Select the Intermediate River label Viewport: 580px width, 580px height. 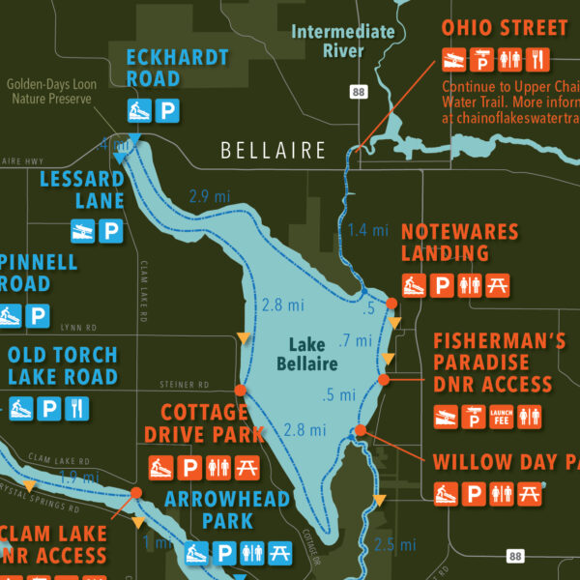(x=343, y=41)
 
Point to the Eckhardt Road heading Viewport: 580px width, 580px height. (x=166, y=67)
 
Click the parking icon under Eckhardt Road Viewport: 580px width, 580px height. (x=167, y=111)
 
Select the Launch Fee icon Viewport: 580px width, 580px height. (x=501, y=417)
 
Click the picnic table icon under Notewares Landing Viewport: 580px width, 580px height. (x=497, y=286)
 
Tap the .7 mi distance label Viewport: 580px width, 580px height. (x=356, y=340)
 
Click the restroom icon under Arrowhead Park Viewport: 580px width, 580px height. (x=251, y=553)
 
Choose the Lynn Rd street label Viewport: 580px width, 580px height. (x=78, y=328)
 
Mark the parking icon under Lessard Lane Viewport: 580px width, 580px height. (x=111, y=231)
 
